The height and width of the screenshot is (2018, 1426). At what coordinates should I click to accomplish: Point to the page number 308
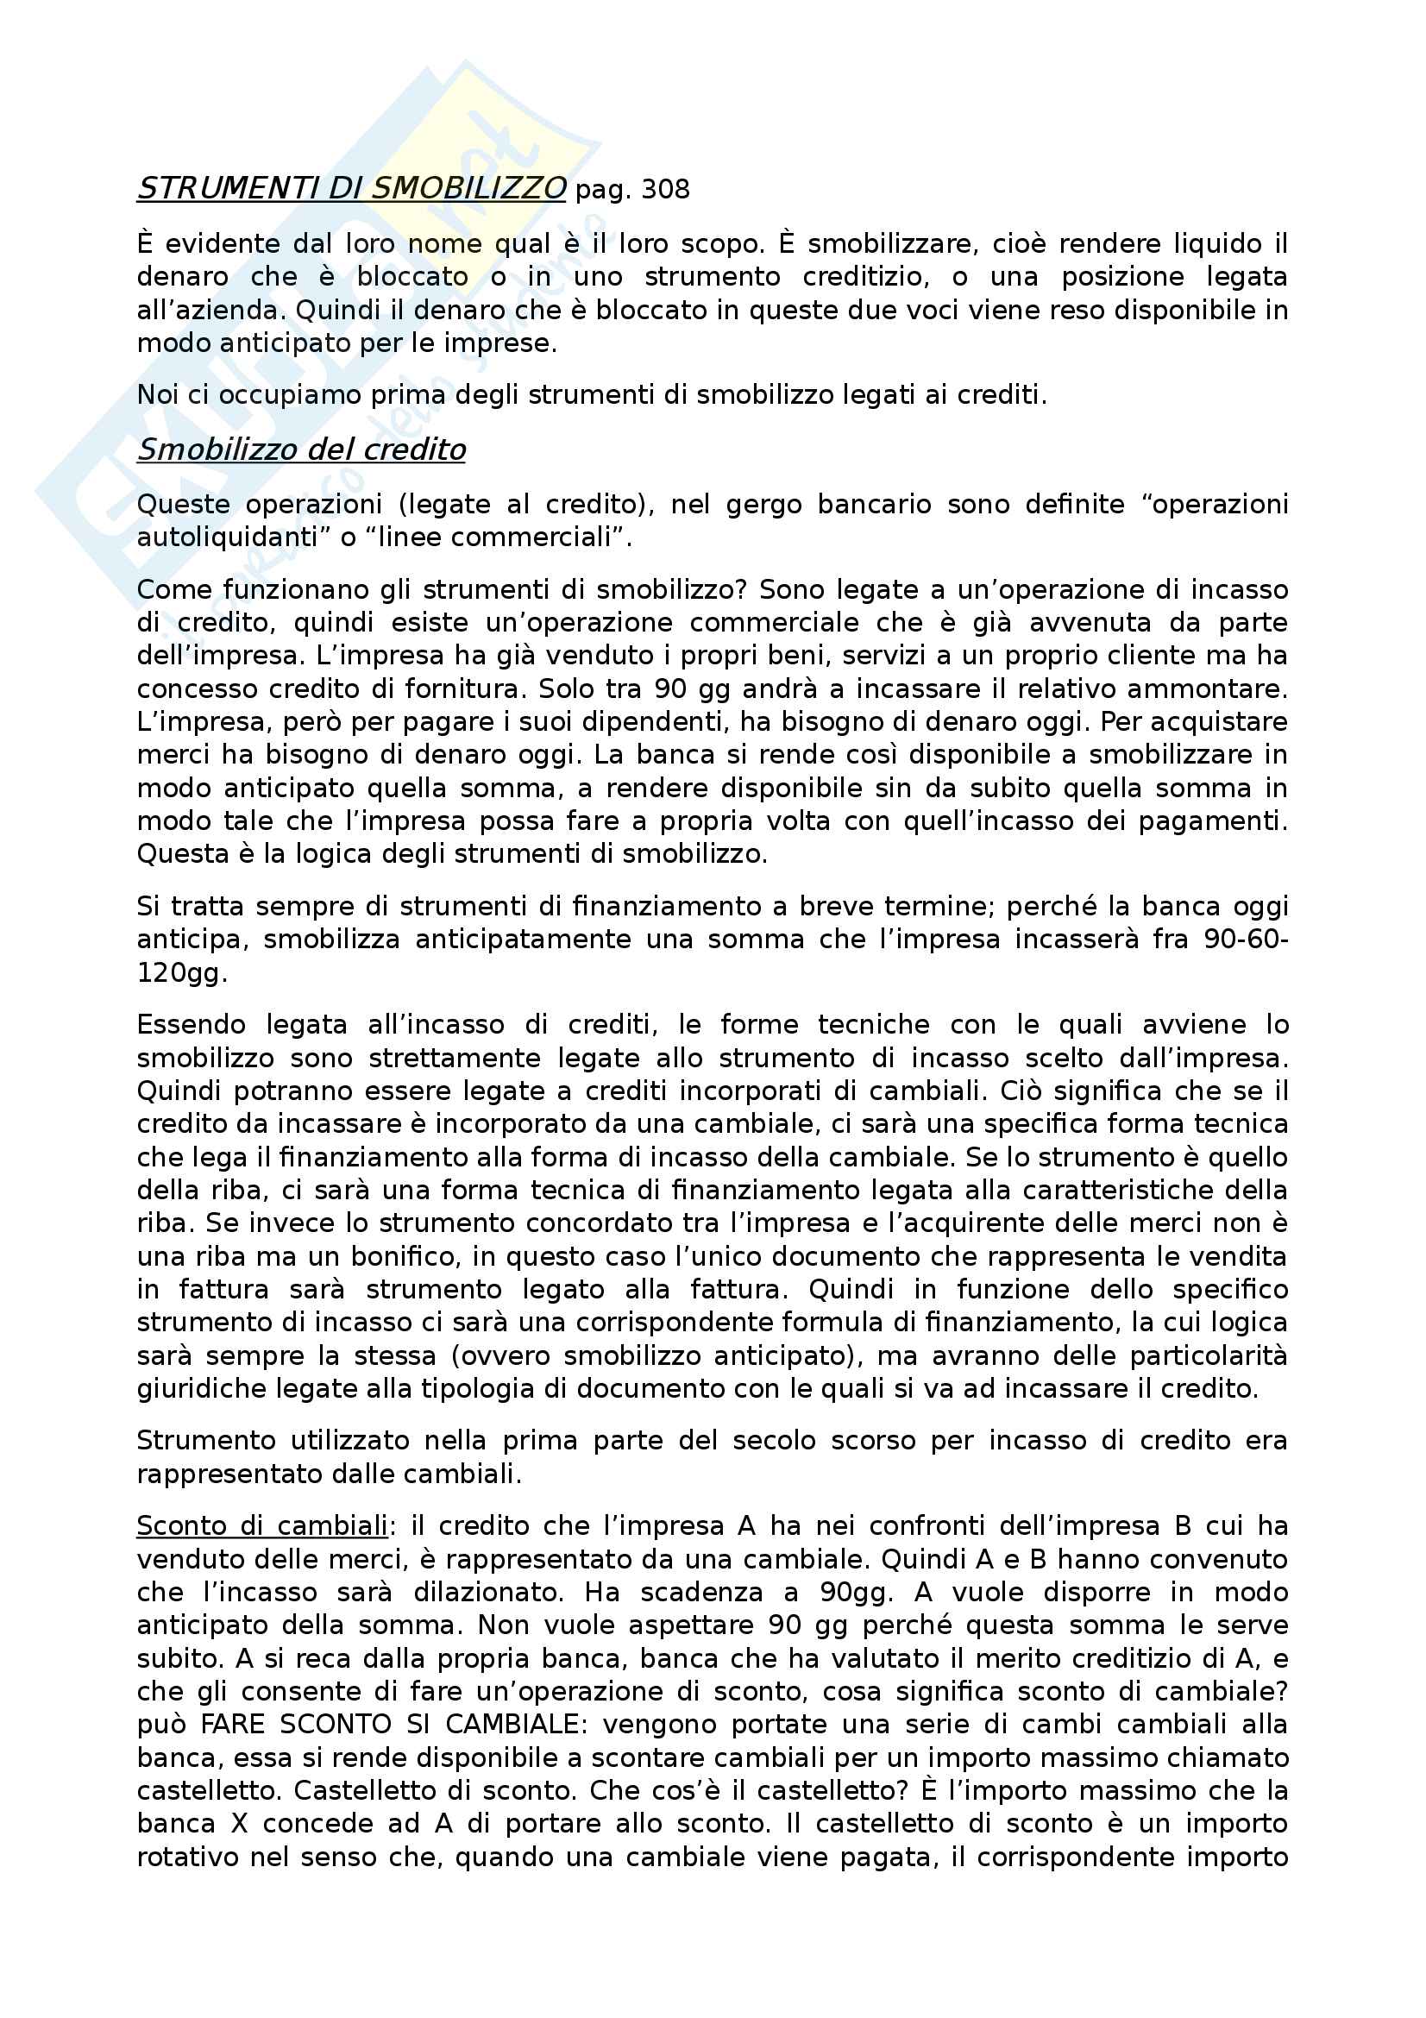[665, 190]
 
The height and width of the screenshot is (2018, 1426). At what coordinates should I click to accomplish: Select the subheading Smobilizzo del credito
[301, 450]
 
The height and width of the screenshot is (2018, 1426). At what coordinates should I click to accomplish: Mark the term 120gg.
[182, 973]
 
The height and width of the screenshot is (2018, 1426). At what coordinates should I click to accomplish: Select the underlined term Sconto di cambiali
[262, 1527]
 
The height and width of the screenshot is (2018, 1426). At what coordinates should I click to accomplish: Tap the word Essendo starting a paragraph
[191, 1025]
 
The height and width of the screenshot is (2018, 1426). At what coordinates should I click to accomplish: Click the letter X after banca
[238, 1824]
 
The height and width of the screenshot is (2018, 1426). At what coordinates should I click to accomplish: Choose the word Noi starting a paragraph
[157, 395]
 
